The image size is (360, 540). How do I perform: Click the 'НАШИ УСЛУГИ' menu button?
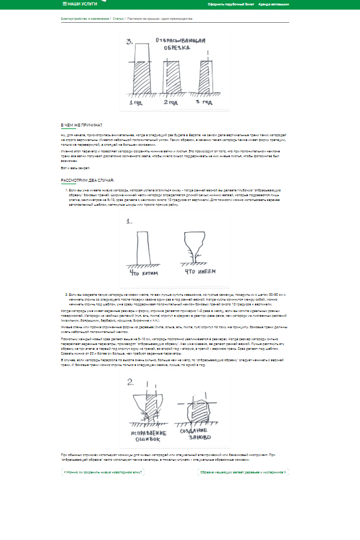pyautogui.click(x=80, y=4)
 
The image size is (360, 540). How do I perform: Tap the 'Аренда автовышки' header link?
pyautogui.click(x=274, y=4)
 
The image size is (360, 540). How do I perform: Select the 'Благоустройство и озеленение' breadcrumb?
pyautogui.click(x=85, y=19)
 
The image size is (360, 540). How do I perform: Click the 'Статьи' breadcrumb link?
pyautogui.click(x=118, y=19)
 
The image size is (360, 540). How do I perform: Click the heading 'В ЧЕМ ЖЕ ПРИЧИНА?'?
pyautogui.click(x=82, y=125)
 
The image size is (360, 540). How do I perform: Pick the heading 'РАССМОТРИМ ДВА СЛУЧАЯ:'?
pyautogui.click(x=88, y=180)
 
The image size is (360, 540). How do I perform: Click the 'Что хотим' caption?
pyautogui.click(x=143, y=272)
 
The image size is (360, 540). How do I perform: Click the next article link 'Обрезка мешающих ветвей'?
pyautogui.click(x=242, y=472)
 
